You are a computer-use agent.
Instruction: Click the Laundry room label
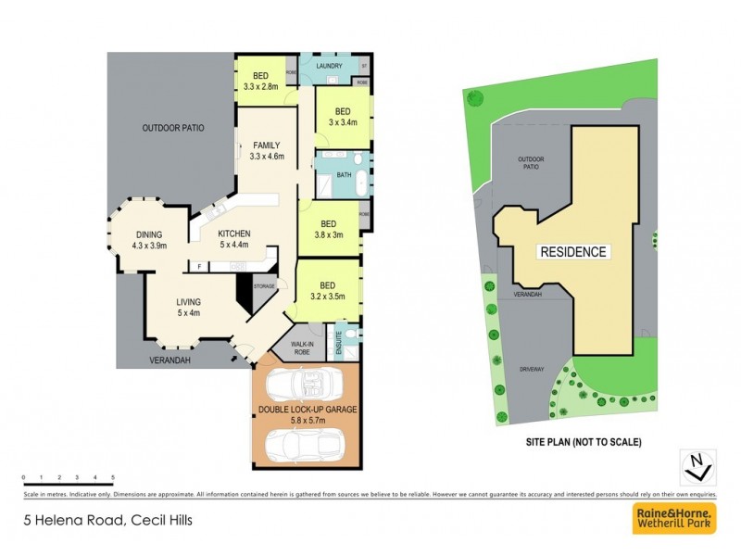click(x=330, y=67)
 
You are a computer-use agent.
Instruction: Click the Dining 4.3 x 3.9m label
click(x=149, y=240)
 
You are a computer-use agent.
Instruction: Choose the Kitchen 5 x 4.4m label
click(x=235, y=239)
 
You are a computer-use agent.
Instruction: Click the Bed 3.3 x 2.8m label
click(x=261, y=81)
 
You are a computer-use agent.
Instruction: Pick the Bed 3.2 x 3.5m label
click(x=327, y=291)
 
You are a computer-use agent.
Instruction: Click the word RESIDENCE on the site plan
click(x=573, y=252)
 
